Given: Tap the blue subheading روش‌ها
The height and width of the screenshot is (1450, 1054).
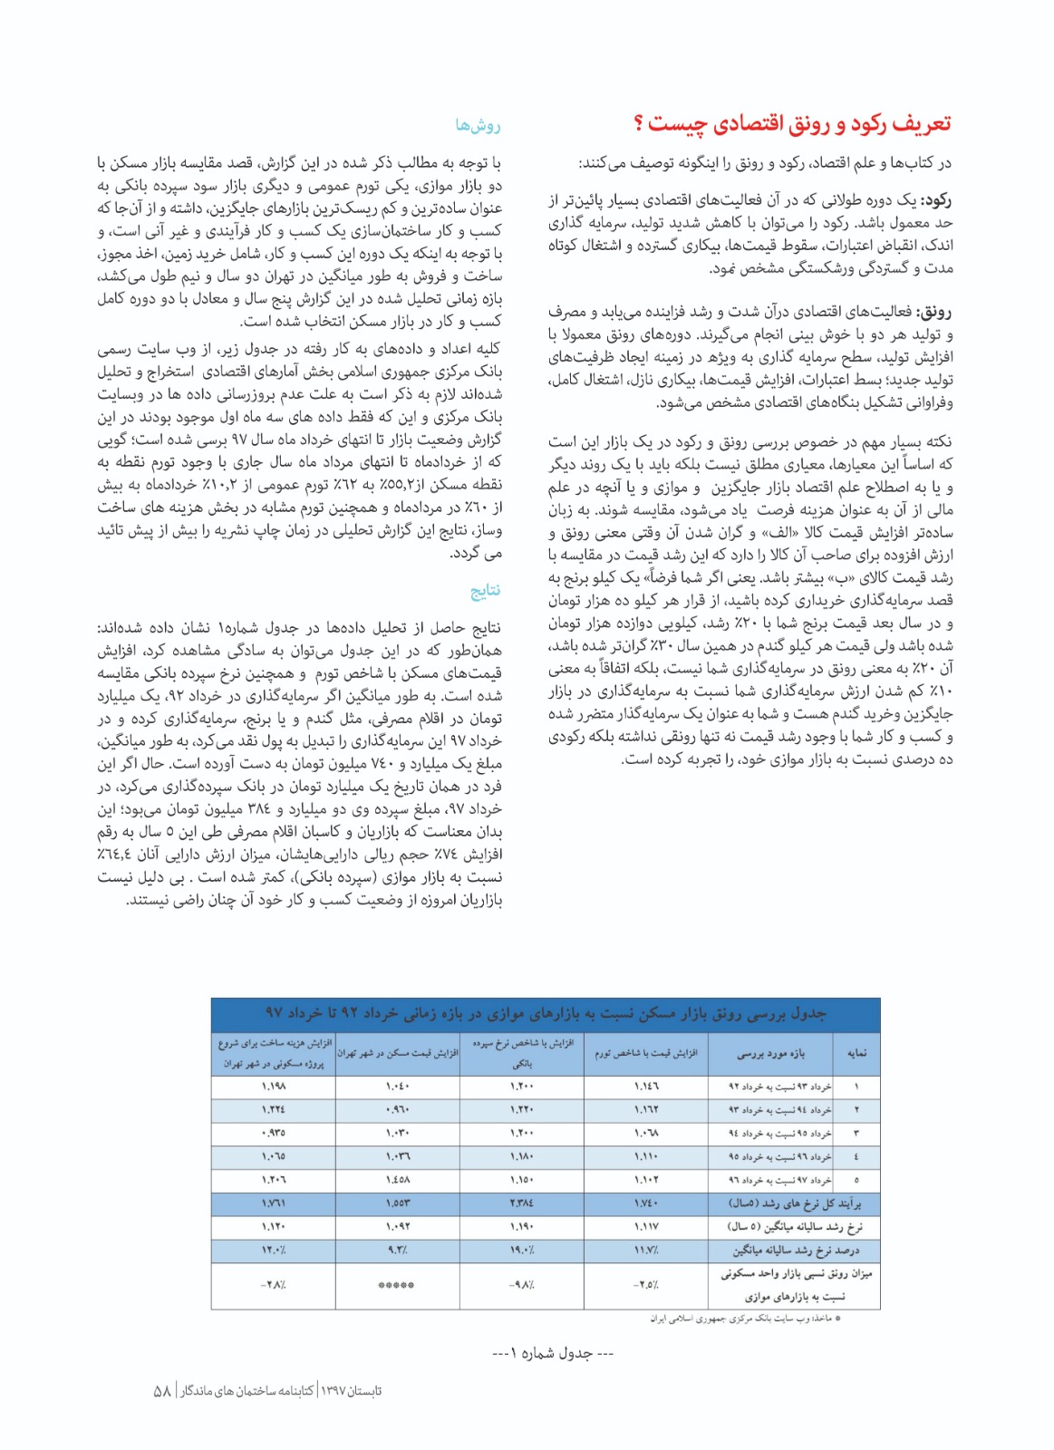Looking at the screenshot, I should [478, 126].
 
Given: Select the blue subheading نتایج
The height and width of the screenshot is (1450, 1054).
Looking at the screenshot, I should [485, 591].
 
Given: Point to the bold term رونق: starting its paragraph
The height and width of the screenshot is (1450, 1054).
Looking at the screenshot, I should [934, 313].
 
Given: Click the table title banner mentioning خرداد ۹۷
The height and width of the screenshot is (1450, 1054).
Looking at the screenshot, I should [546, 1012].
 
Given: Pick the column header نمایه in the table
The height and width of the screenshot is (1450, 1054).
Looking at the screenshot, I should [856, 1053].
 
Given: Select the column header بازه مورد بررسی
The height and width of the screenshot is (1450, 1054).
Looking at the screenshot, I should [770, 1053].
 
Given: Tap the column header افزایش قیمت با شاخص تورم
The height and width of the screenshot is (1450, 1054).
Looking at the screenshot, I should [645, 1053].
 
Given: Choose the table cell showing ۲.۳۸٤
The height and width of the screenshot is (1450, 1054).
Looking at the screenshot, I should [522, 1203].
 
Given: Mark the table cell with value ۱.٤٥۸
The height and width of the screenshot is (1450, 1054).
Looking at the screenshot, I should [398, 1180].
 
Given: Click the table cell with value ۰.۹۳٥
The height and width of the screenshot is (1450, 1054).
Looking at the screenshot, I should [274, 1133].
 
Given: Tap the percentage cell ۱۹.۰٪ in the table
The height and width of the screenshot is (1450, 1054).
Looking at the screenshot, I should [522, 1251].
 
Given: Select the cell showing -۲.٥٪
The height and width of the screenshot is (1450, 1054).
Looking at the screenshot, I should [645, 1285].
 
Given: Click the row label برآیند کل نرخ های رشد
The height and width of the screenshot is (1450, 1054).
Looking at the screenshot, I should [795, 1203].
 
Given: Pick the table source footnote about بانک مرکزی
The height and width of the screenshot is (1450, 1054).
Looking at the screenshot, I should [745, 1319].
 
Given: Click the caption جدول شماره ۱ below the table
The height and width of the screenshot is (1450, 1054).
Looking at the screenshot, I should [553, 1353].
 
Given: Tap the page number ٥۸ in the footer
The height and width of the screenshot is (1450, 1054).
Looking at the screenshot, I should [163, 1391].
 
